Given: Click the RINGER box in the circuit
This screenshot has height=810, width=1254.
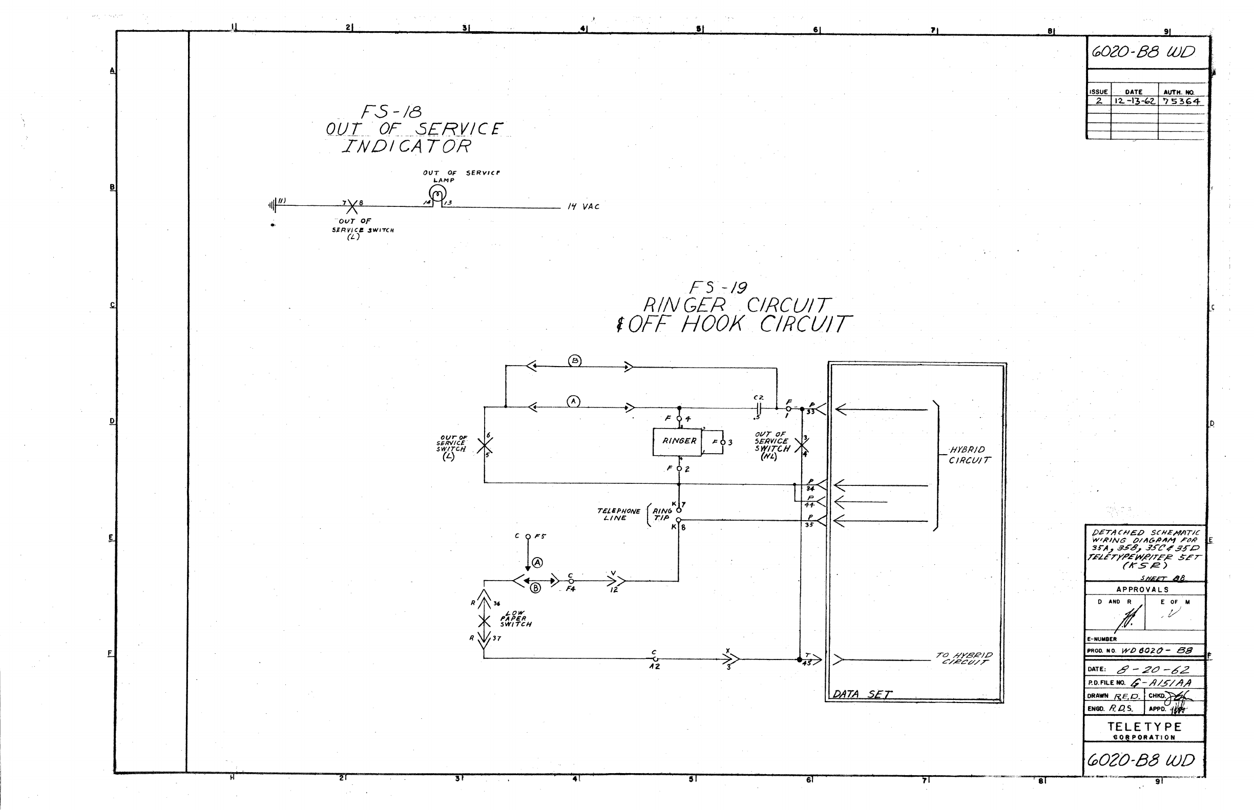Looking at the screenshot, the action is coord(678,442).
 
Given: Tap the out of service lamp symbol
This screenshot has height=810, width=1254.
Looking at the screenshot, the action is coord(437,194).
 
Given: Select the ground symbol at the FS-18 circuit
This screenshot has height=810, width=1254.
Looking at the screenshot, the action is coord(273,205).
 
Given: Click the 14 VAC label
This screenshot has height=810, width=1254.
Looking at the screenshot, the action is coord(583,207).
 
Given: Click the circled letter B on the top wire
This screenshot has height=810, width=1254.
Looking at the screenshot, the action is coord(575,361).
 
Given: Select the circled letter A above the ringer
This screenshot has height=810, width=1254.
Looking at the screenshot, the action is coord(573,402).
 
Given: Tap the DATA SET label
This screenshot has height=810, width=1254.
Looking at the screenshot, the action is coord(862,694).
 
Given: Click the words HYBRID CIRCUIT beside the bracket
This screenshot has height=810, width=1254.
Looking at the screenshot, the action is coord(969,455).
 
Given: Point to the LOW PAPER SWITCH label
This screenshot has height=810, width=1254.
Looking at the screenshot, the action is coord(515,619).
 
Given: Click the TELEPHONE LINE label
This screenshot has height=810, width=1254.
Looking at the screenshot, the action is coord(618,515).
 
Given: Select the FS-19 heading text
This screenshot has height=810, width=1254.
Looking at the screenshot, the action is coord(718,288).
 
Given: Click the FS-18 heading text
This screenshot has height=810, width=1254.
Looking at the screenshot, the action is coord(391,112).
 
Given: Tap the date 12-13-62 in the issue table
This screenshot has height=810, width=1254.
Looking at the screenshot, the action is coord(1134,101).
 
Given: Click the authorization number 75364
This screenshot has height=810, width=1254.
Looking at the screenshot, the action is coord(1181,101).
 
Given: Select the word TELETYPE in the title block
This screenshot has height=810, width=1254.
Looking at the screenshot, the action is coord(1144,727).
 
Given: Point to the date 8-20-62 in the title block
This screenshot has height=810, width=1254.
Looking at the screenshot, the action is coord(1153,670).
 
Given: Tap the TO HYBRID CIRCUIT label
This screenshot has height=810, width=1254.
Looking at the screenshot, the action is coord(964,658).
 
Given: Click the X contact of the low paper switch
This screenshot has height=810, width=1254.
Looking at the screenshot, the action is coord(484,622).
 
